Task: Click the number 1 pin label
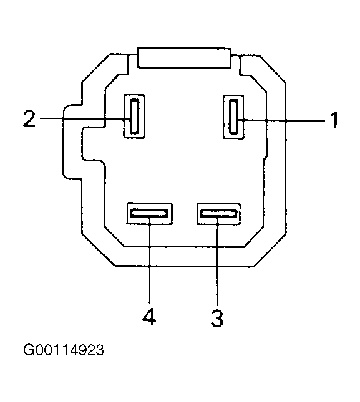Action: [334, 120]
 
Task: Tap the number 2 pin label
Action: [29, 118]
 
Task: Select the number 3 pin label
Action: [217, 318]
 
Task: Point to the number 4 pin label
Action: [149, 317]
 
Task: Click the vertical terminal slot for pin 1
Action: [233, 117]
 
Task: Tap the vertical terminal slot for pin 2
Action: [134, 117]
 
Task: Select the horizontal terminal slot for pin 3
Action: [218, 214]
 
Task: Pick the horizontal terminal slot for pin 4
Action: [150, 213]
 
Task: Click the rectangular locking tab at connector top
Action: [184, 58]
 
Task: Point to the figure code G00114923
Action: [64, 350]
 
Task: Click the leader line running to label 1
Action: [281, 120]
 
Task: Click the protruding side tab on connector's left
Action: [72, 142]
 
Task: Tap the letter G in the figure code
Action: [28, 350]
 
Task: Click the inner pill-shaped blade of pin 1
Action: [233, 117]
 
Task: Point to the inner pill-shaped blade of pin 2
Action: [134, 117]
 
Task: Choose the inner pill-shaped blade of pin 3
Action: [218, 213]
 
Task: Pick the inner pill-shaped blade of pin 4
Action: [150, 213]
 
